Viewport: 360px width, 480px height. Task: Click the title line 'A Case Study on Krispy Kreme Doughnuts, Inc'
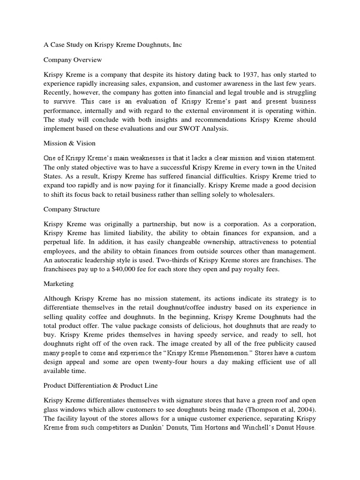(112, 45)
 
